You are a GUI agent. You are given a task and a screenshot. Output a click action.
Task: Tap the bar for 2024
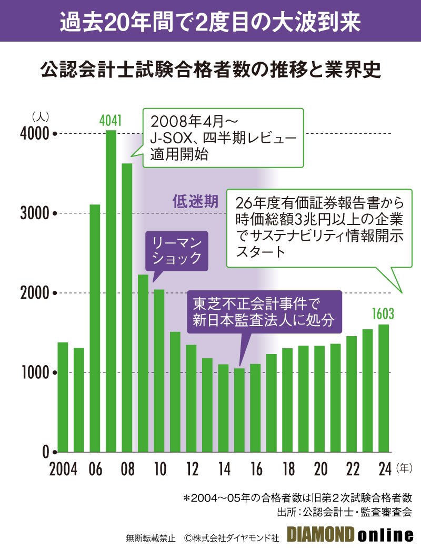coord(384,388)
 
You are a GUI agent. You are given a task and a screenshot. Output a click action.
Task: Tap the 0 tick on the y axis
coord(46,452)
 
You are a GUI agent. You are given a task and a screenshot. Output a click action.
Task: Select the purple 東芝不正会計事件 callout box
coord(264,312)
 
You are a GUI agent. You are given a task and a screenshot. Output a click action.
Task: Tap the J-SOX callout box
coord(223,138)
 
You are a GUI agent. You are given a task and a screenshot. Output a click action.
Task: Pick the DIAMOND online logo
coord(350,535)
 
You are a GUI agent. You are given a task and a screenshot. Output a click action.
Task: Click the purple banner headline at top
coord(210,21)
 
